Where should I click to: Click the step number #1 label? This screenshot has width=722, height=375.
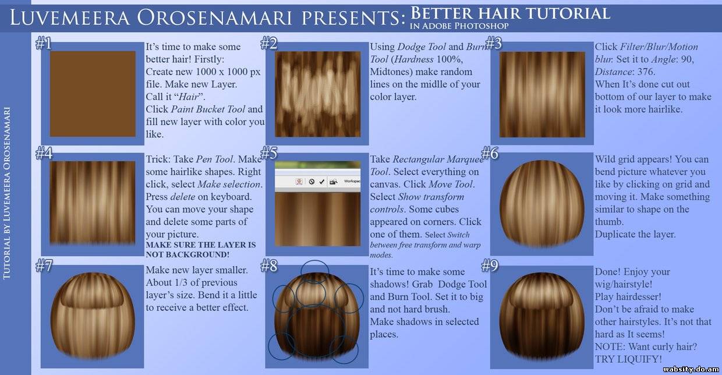point(44,43)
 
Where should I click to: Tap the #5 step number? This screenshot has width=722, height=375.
point(268,153)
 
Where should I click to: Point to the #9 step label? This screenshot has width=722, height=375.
point(490,266)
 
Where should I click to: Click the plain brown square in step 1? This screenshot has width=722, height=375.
point(93,94)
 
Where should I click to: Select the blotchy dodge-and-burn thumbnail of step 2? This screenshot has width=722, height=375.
point(317,94)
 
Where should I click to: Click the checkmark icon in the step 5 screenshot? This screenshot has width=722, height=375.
point(321,182)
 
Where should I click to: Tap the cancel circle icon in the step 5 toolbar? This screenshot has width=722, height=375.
point(312,182)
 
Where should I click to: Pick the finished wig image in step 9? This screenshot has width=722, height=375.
point(541,316)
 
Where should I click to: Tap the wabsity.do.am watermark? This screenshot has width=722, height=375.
point(691,369)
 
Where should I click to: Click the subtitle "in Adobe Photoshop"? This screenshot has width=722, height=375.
point(459,26)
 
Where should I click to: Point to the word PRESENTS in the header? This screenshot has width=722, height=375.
point(353,17)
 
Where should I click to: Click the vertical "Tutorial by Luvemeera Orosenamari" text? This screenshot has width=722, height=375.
point(7,193)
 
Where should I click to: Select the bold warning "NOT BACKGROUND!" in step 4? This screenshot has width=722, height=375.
point(187,254)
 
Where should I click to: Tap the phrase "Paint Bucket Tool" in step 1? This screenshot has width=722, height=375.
point(208,109)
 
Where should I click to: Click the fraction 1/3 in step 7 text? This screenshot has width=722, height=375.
point(181,282)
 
